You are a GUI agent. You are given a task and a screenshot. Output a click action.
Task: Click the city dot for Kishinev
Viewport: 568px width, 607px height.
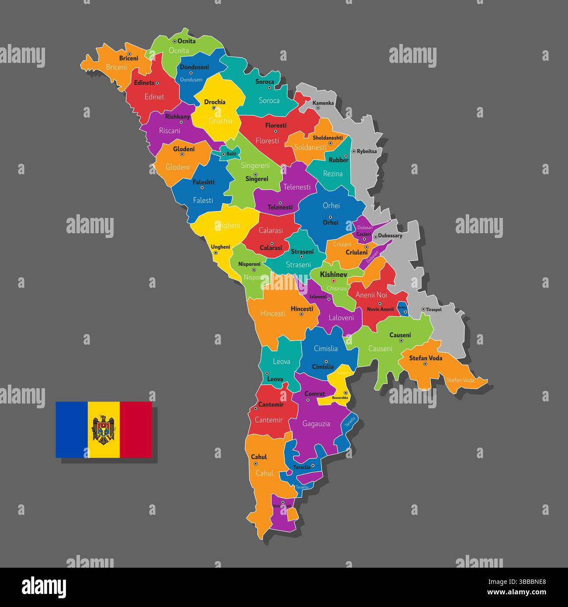pyautogui.click(x=333, y=281)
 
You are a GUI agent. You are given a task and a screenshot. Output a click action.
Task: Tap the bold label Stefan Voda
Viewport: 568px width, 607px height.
pyautogui.click(x=425, y=358)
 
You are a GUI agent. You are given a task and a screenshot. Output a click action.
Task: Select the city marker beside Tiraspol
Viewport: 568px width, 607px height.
pyautogui.click(x=423, y=309)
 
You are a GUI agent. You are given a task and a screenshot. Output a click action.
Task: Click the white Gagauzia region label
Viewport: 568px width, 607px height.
pyautogui.click(x=316, y=424)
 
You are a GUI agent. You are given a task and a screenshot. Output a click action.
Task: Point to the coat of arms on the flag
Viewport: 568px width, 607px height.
pyautogui.click(x=103, y=430)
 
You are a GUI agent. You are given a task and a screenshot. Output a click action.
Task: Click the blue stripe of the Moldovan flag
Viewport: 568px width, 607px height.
pyautogui.click(x=71, y=430)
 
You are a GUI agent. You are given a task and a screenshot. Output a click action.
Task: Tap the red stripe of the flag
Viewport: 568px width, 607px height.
pyautogui.click(x=136, y=430)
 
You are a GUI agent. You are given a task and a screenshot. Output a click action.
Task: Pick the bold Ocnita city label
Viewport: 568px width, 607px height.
pyautogui.click(x=187, y=41)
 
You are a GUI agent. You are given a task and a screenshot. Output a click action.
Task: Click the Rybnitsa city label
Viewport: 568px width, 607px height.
pyautogui.click(x=367, y=152)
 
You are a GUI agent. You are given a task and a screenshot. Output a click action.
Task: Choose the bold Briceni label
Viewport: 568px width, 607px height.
pyautogui.click(x=128, y=58)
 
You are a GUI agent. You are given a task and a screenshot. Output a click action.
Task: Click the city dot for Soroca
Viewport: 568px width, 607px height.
pyautogui.click(x=269, y=88)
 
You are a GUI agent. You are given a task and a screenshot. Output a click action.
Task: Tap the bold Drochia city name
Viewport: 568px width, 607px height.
pyautogui.click(x=215, y=102)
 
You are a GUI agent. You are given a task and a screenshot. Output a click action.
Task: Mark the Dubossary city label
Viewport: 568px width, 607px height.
pyautogui.click(x=390, y=236)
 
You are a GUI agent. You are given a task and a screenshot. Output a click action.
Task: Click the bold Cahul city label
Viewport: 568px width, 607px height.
pyautogui.click(x=259, y=457)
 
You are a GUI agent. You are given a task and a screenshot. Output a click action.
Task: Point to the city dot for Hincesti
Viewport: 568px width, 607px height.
pyautogui.click(x=301, y=314)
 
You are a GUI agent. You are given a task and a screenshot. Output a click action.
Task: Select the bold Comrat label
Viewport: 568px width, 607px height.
pyautogui.click(x=315, y=393)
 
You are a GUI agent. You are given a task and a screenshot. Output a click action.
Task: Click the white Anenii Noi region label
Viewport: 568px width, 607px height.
pyautogui.click(x=371, y=295)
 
